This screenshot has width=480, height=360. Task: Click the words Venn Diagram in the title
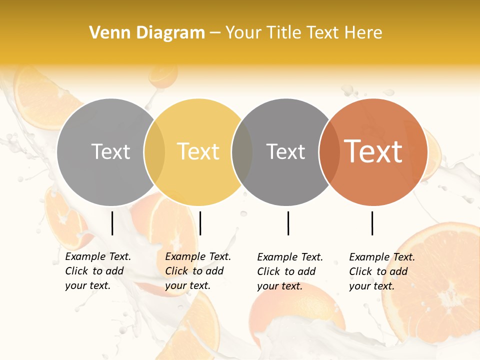(x=147, y=33)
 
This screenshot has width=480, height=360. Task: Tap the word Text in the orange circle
(x=373, y=151)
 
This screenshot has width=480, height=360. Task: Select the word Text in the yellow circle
(x=198, y=151)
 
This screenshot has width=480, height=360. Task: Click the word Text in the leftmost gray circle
(x=110, y=151)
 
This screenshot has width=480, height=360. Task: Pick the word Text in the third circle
(x=285, y=151)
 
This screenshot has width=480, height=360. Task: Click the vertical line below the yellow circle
(x=200, y=223)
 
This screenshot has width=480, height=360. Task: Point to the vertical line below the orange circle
(x=372, y=223)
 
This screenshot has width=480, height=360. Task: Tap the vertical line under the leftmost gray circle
(x=112, y=223)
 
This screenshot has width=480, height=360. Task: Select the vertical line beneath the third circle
(x=288, y=223)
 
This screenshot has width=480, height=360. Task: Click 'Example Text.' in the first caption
(x=98, y=256)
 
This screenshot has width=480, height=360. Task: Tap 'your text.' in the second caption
(x=187, y=285)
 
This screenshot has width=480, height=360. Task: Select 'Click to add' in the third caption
(x=286, y=271)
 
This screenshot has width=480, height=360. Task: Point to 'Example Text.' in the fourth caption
(x=382, y=257)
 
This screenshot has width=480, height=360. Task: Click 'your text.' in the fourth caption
(x=371, y=286)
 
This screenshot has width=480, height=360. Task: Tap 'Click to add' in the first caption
(x=94, y=271)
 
